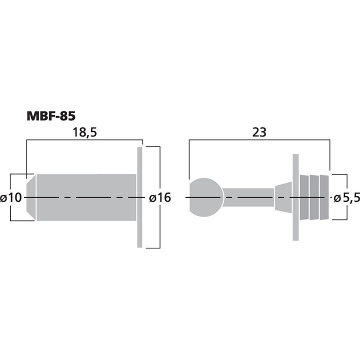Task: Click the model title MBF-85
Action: tap(50, 116)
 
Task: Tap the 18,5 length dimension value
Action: tap(83, 132)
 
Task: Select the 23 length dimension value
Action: tap(259, 132)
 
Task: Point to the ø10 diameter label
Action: tap(11, 197)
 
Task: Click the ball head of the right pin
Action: tap(205, 197)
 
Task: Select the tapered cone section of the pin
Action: tap(283, 197)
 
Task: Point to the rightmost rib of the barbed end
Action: tap(325, 197)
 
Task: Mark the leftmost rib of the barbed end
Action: tap(304, 197)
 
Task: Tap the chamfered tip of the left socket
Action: tap(30, 197)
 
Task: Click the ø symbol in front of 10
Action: tap(4, 198)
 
